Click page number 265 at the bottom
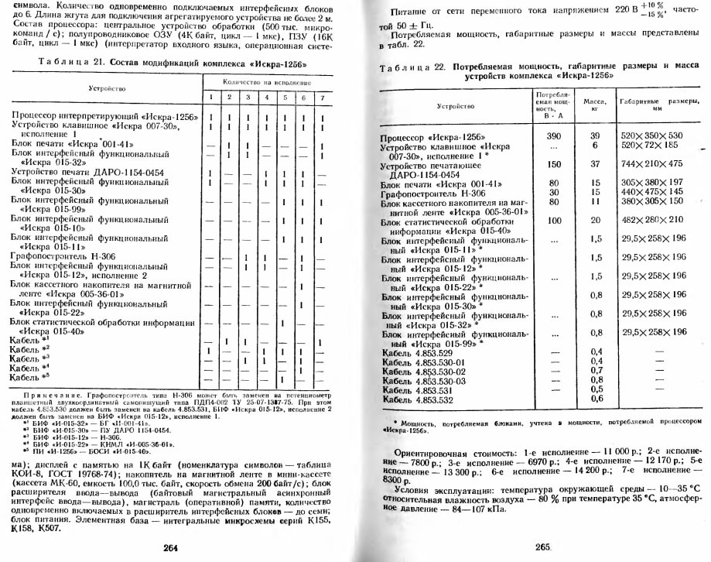(x=542, y=547)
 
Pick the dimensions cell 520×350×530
(x=653, y=135)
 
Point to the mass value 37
(x=596, y=164)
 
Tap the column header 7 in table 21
(x=322, y=97)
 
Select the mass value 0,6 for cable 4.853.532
(x=596, y=399)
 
